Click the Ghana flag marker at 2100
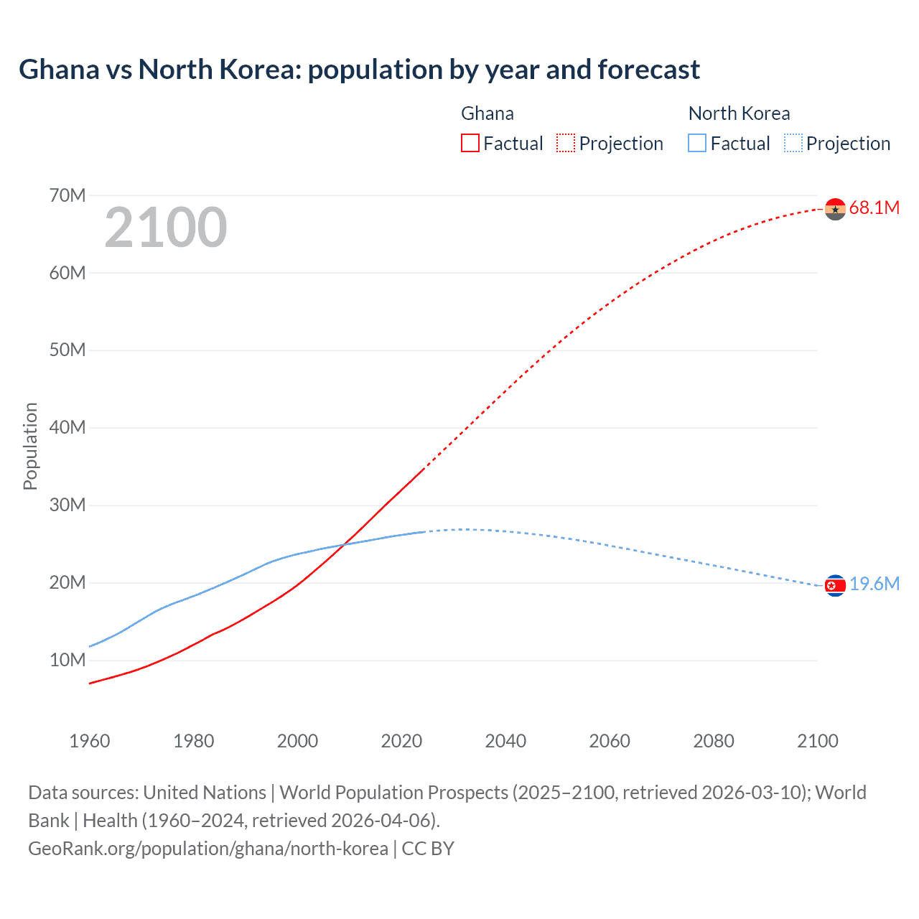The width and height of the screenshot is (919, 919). click(x=835, y=209)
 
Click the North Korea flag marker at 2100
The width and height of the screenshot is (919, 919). click(x=835, y=586)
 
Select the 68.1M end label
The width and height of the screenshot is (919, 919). click(x=874, y=208)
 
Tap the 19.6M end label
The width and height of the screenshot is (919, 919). click(x=874, y=584)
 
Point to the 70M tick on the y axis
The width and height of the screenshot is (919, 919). click(x=67, y=195)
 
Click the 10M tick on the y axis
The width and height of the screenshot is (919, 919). click(x=67, y=660)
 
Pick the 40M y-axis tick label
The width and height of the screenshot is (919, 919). click(x=67, y=428)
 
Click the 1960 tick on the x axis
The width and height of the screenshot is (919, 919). click(x=90, y=741)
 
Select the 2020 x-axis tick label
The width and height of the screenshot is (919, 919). click(x=401, y=741)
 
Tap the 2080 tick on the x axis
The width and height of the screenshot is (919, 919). click(x=714, y=741)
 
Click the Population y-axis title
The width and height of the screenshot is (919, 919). click(x=30, y=446)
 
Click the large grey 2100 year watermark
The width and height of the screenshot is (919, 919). click(x=166, y=228)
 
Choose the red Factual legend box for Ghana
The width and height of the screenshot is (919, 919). click(x=470, y=144)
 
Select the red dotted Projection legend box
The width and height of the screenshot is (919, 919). click(x=566, y=144)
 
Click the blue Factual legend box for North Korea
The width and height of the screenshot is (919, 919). click(x=697, y=144)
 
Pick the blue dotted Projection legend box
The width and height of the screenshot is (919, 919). click(x=793, y=144)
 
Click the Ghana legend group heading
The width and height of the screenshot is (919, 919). click(x=488, y=113)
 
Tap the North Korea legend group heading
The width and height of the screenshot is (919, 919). click(x=739, y=113)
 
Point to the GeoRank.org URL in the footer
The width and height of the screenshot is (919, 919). click(x=208, y=849)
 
